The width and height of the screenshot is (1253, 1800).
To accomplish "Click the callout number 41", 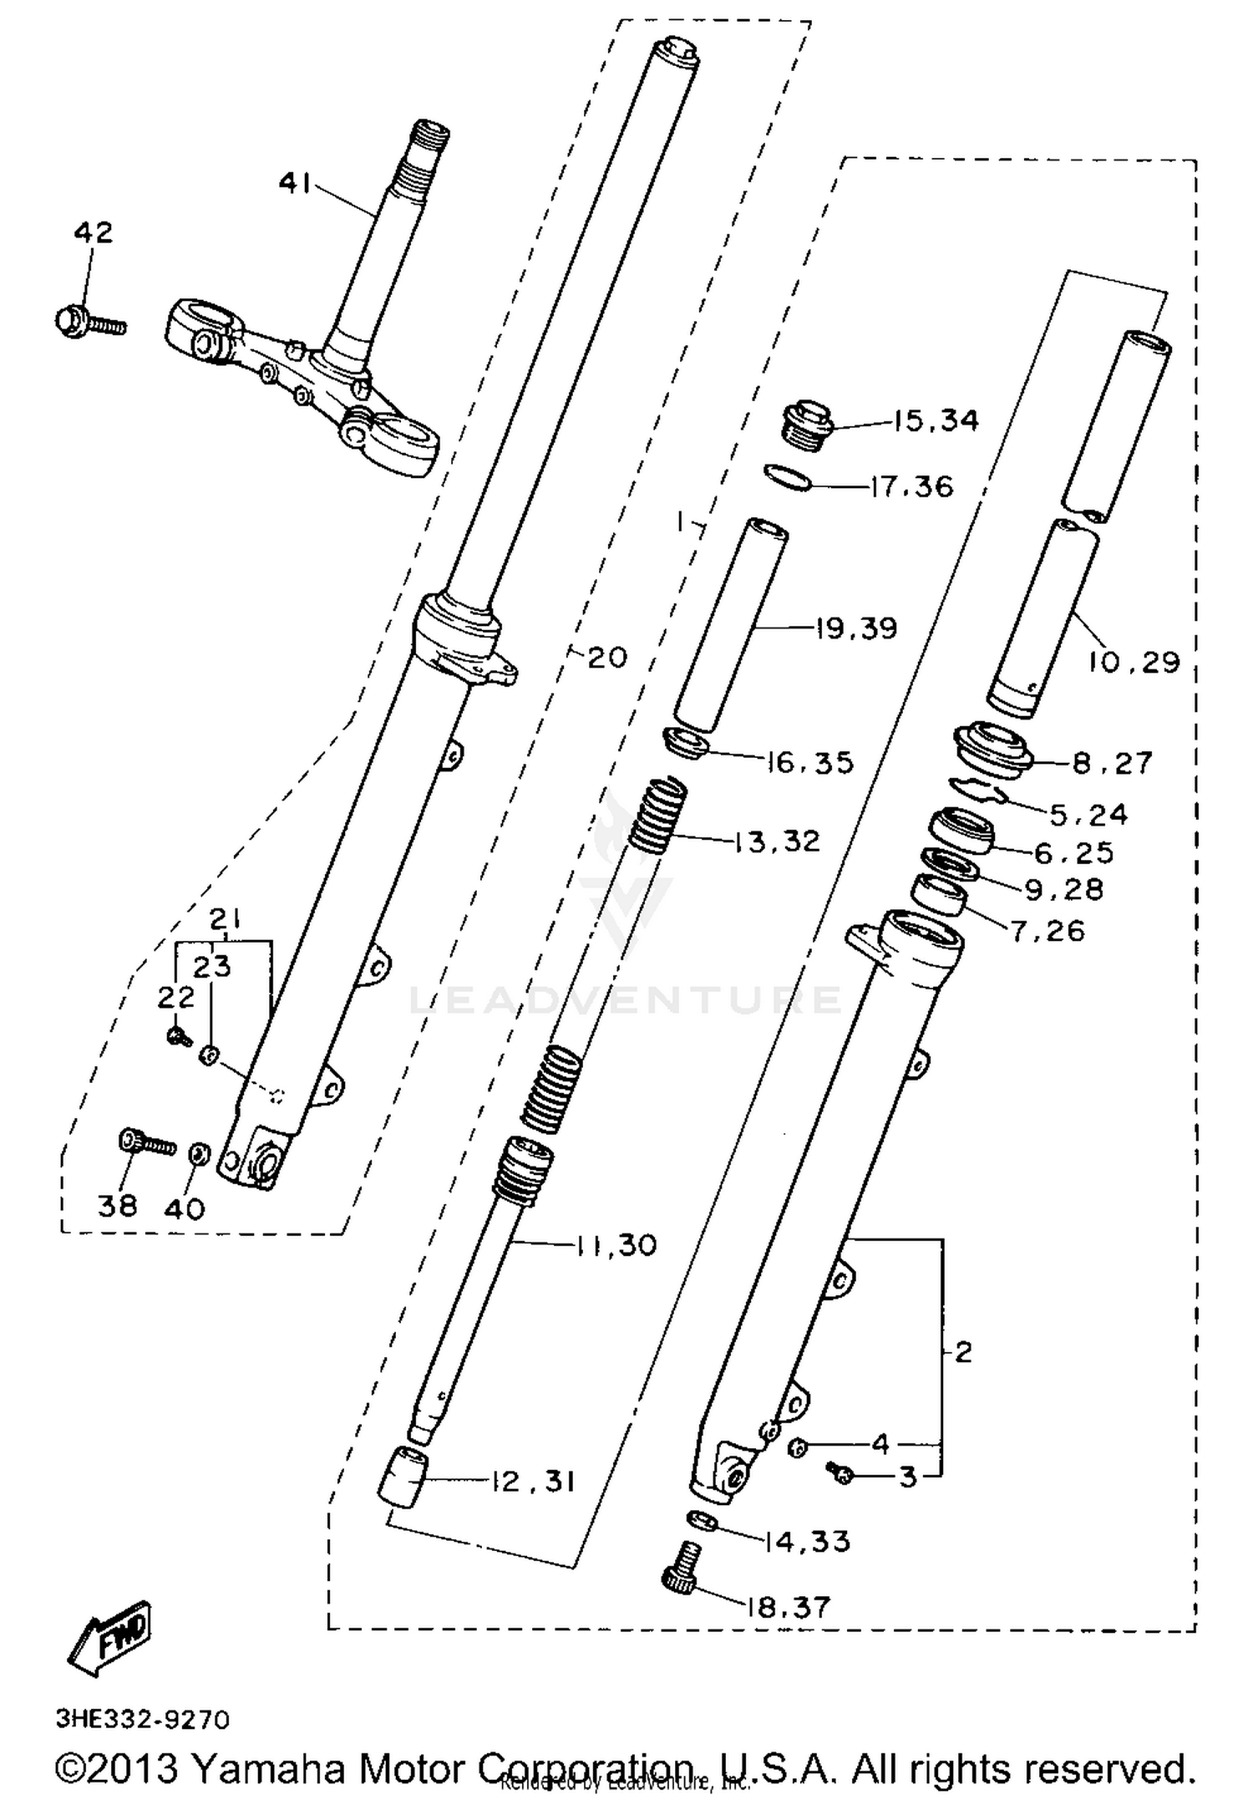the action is coord(293,182).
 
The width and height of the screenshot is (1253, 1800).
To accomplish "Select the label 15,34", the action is coord(935,420).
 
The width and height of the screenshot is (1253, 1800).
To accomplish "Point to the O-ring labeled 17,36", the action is coord(788,479).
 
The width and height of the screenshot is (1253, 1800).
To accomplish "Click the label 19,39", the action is coord(856,628).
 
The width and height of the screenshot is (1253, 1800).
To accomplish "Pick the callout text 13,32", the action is coord(777,841).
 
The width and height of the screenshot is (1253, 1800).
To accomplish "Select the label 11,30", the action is coord(616,1245).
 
